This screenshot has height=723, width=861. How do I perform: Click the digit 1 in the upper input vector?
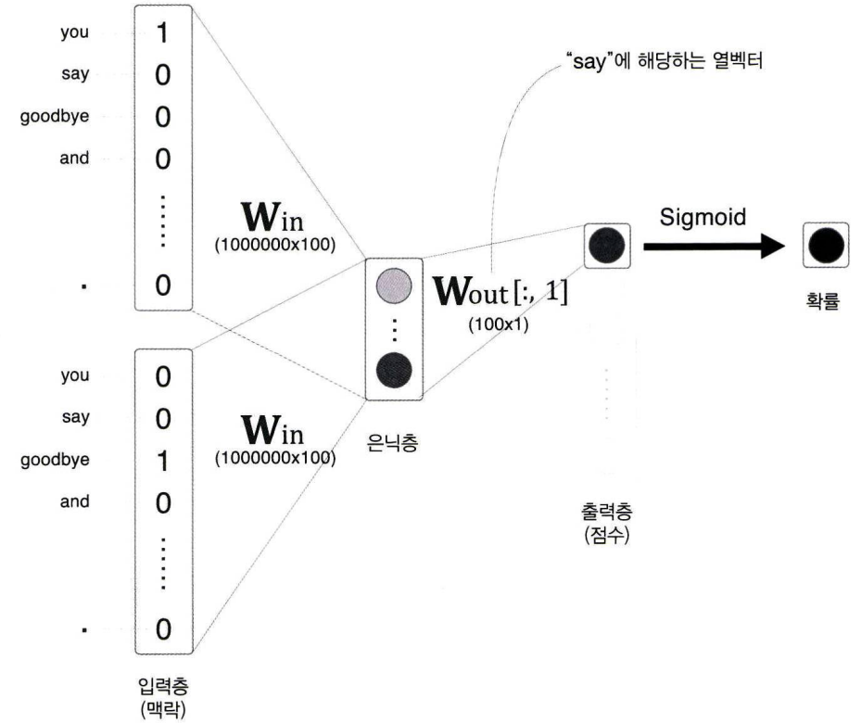162,33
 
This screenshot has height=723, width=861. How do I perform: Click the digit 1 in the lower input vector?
162,461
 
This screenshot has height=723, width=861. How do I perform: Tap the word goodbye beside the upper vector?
55,117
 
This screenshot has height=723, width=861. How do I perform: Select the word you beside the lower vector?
75,375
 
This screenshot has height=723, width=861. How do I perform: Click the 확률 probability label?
823,302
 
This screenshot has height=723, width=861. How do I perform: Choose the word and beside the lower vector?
74,501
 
